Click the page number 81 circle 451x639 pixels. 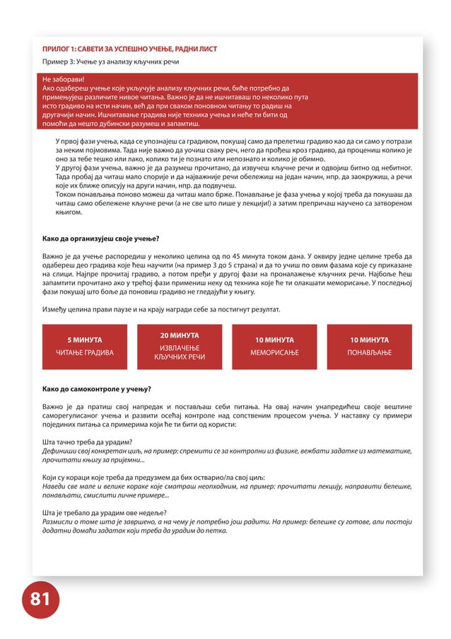coord(40,599)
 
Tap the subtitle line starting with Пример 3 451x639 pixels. coord(110,62)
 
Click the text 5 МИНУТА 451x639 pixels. coord(84,340)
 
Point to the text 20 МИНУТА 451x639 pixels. coord(179,335)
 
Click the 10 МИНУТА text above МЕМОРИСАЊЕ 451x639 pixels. coord(274,340)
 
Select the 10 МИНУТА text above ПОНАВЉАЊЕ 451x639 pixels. coord(369,340)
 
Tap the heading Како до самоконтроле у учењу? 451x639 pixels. coord(96,389)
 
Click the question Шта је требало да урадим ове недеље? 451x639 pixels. coord(105,513)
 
